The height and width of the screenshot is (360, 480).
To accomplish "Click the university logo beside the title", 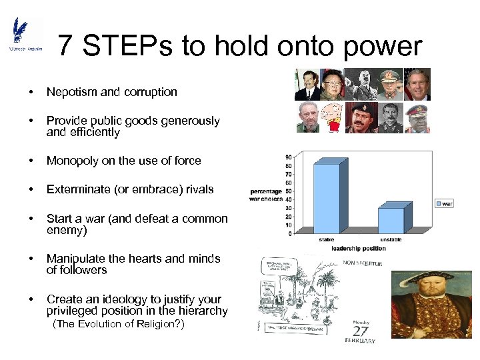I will tap(25, 36).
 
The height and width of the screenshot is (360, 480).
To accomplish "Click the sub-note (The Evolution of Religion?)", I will tap(119, 325).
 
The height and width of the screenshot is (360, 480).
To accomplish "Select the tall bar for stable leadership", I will tap(327, 198).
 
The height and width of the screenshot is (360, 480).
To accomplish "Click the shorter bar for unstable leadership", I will tap(391, 220).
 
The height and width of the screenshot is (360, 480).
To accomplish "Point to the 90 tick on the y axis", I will tap(287, 157).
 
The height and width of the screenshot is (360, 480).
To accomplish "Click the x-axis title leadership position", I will tap(359, 249).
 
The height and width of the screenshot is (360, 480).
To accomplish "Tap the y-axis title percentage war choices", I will tap(267, 195).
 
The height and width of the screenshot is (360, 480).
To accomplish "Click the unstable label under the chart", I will tap(391, 239).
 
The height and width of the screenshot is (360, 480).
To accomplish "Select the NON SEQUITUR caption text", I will tap(363, 263).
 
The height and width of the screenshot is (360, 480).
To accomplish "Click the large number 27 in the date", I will tap(361, 331).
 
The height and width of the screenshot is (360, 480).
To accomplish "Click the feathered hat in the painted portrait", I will tap(427, 280).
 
